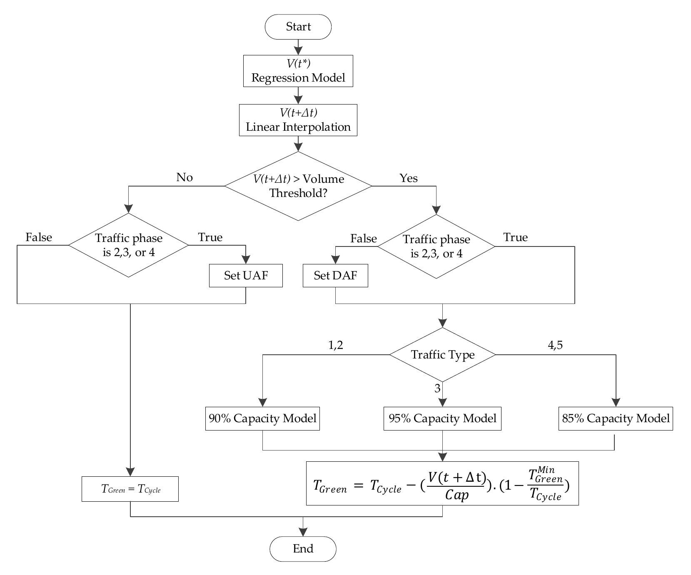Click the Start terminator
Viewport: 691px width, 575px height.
pyautogui.click(x=298, y=27)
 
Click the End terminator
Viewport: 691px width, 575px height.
pyautogui.click(x=303, y=549)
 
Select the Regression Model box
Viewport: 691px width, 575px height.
pyautogui.click(x=298, y=71)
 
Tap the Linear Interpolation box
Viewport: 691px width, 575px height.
pyautogui.click(x=298, y=120)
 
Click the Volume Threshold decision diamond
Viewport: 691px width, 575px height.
pyautogui.click(x=298, y=186)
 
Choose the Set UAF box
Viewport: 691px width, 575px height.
pyautogui.click(x=246, y=276)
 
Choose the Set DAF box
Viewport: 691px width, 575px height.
pyautogui.click(x=335, y=276)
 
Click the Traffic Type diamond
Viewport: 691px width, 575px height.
pyautogui.click(x=442, y=355)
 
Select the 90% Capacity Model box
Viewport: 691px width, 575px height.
pyautogui.click(x=262, y=418)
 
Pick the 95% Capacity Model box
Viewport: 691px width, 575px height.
pyautogui.click(x=442, y=418)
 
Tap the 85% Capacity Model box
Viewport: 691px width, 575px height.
pyautogui.click(x=615, y=418)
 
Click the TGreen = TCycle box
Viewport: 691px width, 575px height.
pyautogui.click(x=130, y=489)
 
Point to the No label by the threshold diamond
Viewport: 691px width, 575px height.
pyautogui.click(x=185, y=177)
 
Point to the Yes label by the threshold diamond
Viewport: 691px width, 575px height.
pyautogui.click(x=409, y=178)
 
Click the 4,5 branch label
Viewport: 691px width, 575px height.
pyautogui.click(x=555, y=345)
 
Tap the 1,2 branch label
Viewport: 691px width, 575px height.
pyautogui.click(x=335, y=345)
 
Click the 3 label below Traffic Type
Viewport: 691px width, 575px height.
pyautogui.click(x=437, y=388)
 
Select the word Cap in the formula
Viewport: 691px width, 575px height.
pyautogui.click(x=457, y=495)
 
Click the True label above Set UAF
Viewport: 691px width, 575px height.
pyautogui.click(x=210, y=237)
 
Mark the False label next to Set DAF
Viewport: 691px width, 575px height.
pyautogui.click(x=364, y=239)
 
